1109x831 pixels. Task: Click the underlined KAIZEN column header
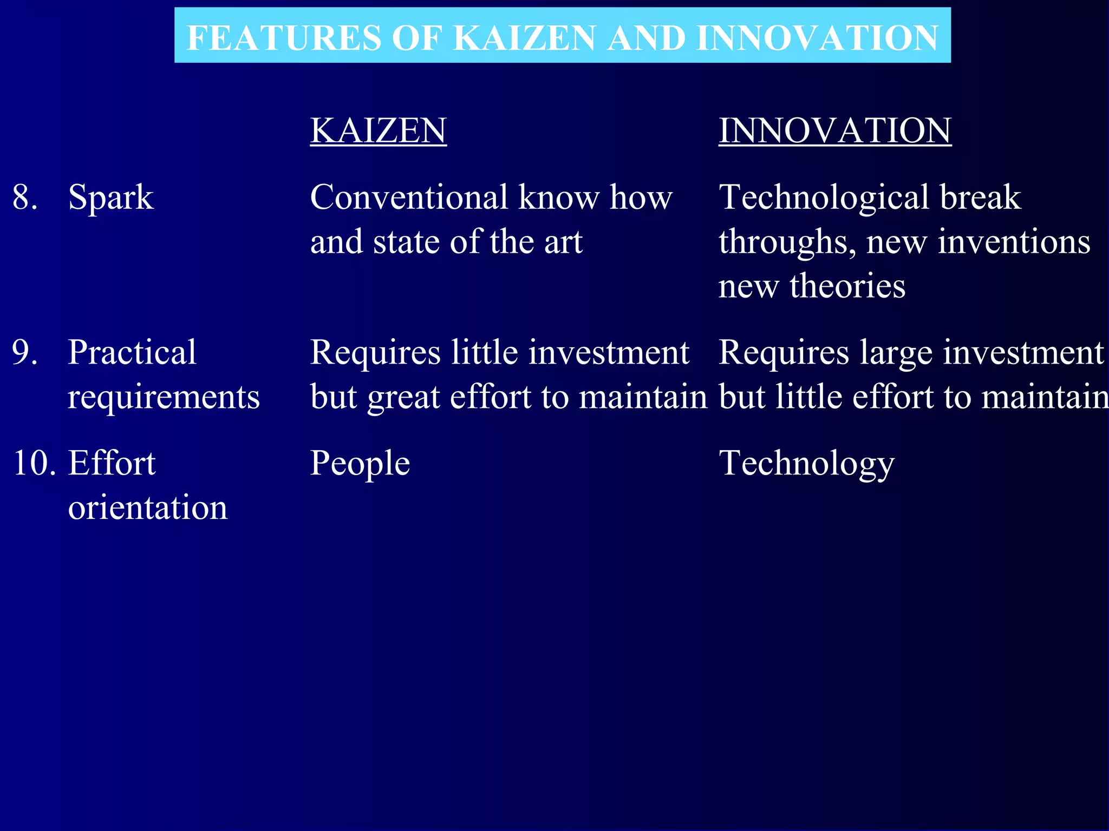click(378, 131)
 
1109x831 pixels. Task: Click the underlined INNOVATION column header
click(834, 131)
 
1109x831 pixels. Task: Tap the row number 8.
click(24, 197)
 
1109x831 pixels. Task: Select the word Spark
click(111, 198)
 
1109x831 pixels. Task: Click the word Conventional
click(409, 197)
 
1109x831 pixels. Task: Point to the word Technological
click(824, 198)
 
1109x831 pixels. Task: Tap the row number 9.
click(24, 352)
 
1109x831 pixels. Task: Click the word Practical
click(132, 352)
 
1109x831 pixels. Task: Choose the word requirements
click(164, 398)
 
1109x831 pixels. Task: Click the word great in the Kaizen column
click(403, 398)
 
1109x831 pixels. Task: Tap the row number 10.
click(34, 464)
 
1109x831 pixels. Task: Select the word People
click(360, 464)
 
